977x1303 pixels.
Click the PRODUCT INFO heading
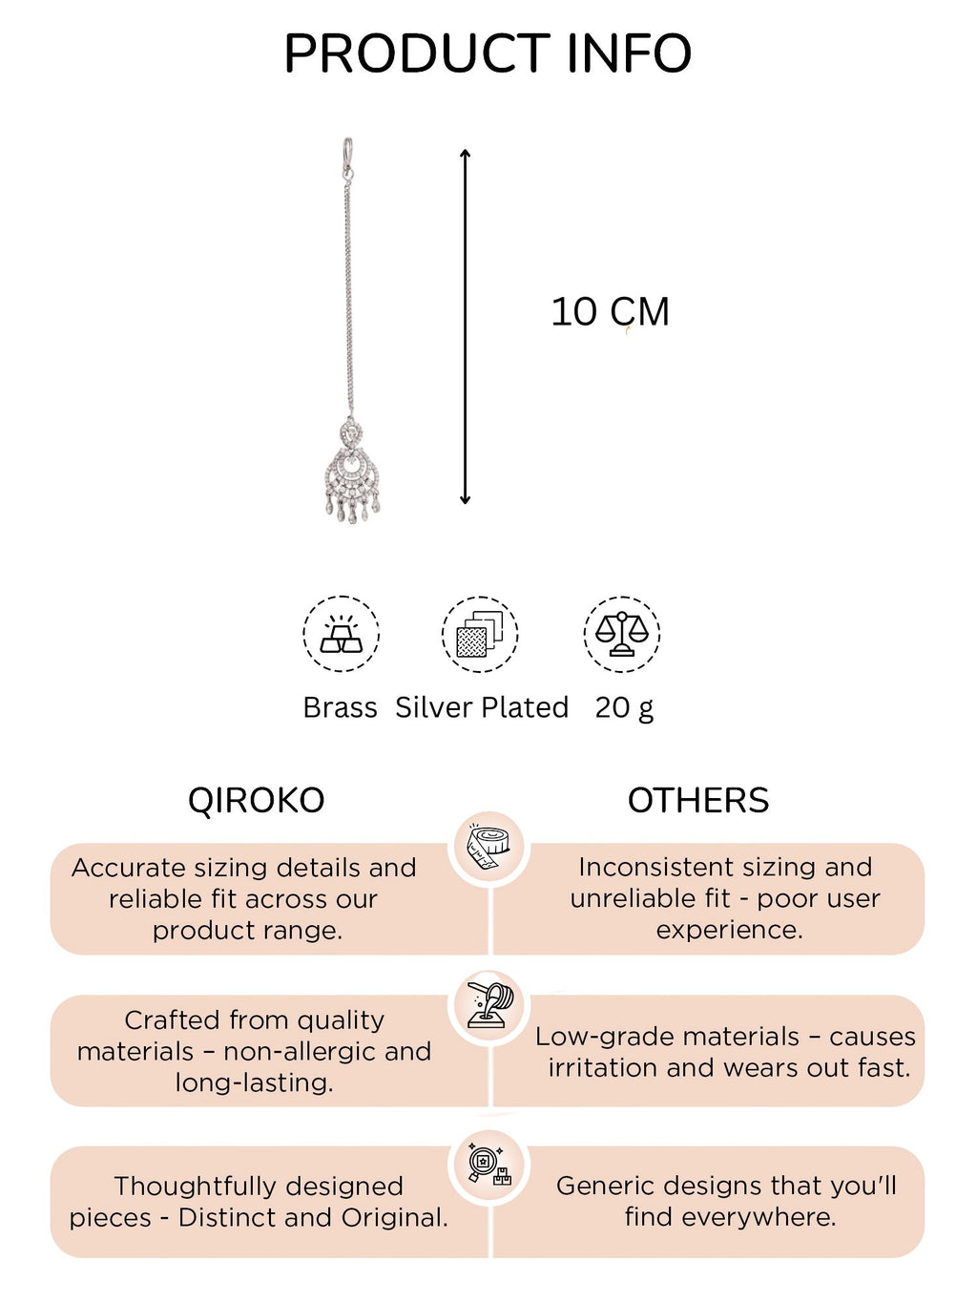tap(488, 53)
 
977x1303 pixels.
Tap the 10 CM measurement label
tap(610, 311)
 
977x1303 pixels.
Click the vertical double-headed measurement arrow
tap(465, 326)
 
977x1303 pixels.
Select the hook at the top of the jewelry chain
tap(347, 157)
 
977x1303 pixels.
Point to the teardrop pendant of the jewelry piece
tap(352, 472)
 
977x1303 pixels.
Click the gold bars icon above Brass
tap(341, 634)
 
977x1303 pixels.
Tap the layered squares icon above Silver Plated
tap(480, 634)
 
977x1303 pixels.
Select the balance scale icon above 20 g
tap(622, 634)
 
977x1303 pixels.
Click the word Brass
tap(340, 707)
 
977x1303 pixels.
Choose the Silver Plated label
tap(482, 707)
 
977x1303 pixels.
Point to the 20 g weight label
tap(624, 708)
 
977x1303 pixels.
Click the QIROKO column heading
tap(257, 800)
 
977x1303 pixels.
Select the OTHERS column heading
tap(698, 800)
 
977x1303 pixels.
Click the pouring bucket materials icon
tap(489, 1005)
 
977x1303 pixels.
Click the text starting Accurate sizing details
tap(244, 899)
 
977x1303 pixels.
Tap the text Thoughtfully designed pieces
tap(259, 1202)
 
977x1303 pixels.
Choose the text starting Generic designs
tap(727, 1201)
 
